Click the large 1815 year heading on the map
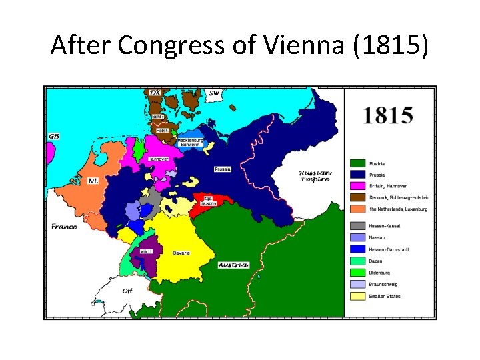point(387,116)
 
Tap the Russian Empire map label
point(315,175)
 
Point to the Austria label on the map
point(233,265)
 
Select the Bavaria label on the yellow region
point(181,253)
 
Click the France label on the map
point(64,227)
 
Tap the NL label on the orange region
point(92,180)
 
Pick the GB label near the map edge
point(53,136)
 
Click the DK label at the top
point(155,93)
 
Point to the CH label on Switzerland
point(127,291)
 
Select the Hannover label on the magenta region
point(158,159)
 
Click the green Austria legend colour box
point(357,163)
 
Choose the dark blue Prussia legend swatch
point(357,175)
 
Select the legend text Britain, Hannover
point(388,186)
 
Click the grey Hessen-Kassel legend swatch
point(357,226)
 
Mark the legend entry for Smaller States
point(385,296)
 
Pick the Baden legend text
point(377,261)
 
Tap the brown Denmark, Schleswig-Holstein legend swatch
point(357,197)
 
